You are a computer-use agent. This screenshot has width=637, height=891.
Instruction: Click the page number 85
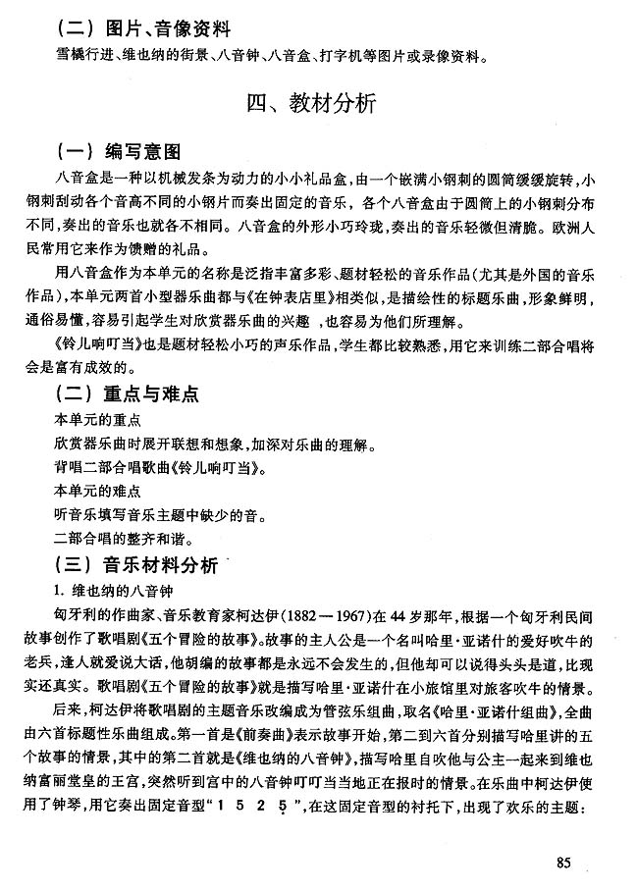(x=562, y=863)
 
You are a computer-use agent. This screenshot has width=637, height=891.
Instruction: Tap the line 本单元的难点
(x=98, y=489)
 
